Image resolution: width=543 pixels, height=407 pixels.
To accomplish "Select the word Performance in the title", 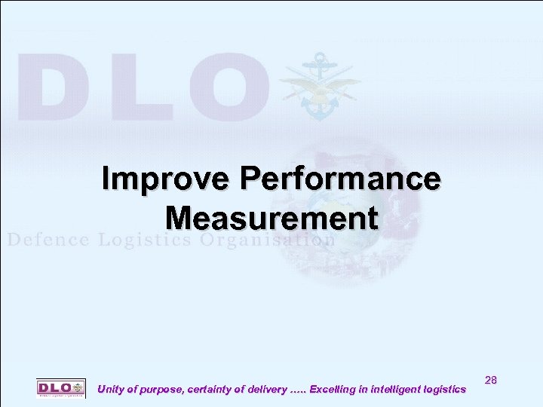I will (x=339, y=179).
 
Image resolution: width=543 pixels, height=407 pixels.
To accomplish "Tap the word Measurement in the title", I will (x=271, y=219).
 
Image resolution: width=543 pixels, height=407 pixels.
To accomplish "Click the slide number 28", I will (x=490, y=381).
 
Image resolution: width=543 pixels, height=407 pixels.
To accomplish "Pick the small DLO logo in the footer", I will (x=61, y=387).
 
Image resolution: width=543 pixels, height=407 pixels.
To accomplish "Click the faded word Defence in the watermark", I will (x=48, y=240).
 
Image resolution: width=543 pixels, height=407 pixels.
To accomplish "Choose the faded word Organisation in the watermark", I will (x=268, y=240).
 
